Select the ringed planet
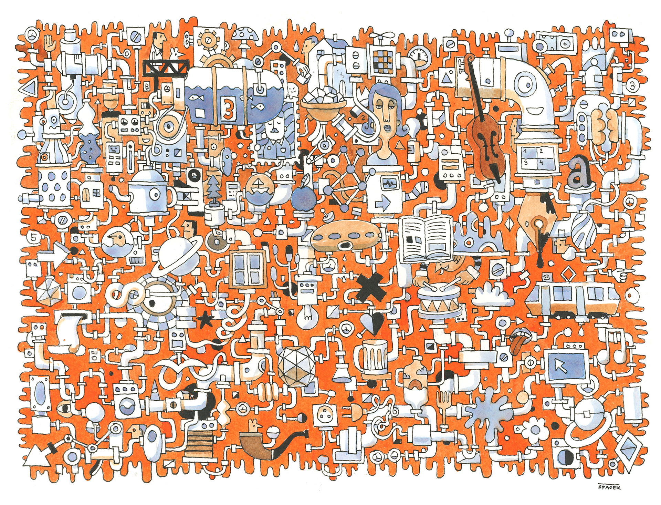coord(176,253)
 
